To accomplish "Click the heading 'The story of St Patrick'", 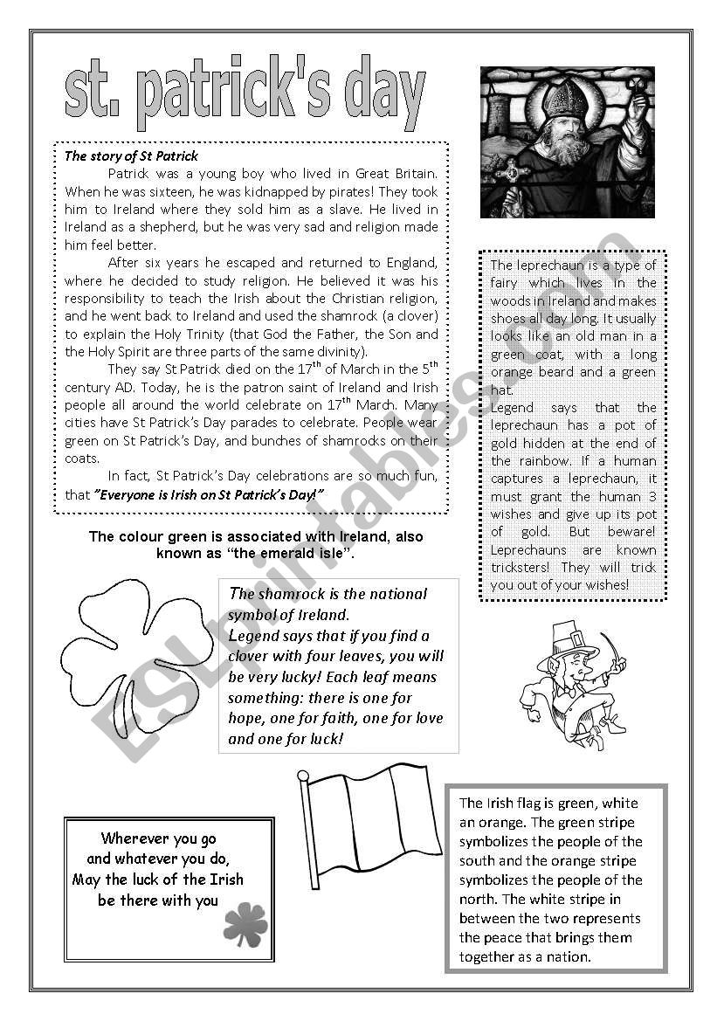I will pyautogui.click(x=131, y=156).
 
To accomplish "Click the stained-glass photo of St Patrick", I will pyautogui.click(x=567, y=141).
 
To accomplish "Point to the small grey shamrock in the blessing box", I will pyautogui.click(x=245, y=924).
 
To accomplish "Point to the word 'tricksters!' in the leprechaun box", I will pyautogui.click(x=524, y=568).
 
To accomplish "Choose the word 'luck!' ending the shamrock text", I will pyautogui.click(x=325, y=739).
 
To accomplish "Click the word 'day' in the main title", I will pyautogui.click(x=384, y=98).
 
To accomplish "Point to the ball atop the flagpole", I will pyautogui.click(x=303, y=775).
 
